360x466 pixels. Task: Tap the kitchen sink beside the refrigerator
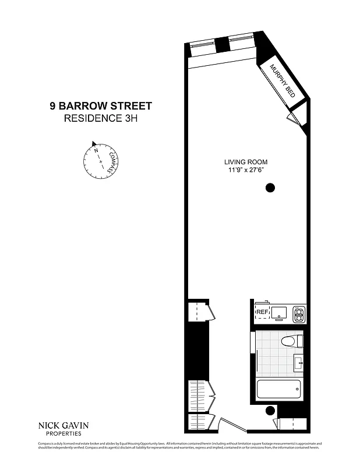point(280,313)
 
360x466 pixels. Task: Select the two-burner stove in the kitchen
point(299,314)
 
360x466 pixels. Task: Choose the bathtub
point(278,389)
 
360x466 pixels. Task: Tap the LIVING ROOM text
point(246,162)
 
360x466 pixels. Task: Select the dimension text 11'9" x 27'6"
point(246,170)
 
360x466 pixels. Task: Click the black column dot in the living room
point(270,188)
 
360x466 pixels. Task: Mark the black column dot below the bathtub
point(269,411)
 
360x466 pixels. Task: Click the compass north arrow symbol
point(93,143)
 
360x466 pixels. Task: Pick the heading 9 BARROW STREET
point(101,106)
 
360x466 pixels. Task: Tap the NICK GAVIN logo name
point(63,425)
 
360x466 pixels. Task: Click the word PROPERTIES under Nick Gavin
point(63,434)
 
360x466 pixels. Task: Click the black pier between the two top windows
point(221,44)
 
